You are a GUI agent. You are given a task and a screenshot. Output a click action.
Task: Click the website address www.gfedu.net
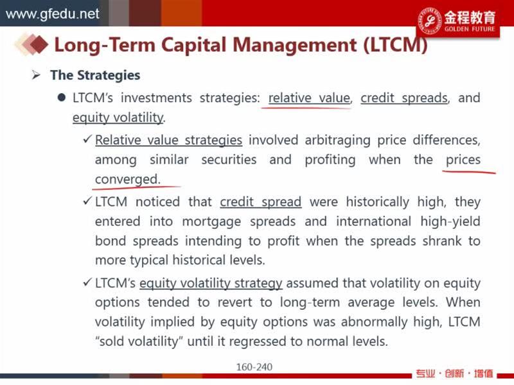(x=53, y=13)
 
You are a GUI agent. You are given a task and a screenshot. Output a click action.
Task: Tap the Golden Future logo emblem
(x=429, y=21)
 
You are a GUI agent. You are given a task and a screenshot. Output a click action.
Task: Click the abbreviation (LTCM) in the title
(x=395, y=45)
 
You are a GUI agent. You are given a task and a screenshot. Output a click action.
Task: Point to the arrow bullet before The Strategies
(x=36, y=75)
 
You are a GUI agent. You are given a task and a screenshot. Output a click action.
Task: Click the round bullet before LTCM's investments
(x=61, y=98)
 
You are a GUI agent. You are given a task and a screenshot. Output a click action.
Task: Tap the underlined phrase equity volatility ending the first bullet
(x=118, y=117)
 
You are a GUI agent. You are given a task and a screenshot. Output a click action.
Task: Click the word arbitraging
(x=338, y=141)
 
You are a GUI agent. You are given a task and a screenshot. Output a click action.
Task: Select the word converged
(x=127, y=180)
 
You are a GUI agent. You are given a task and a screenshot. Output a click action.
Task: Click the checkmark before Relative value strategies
(x=87, y=139)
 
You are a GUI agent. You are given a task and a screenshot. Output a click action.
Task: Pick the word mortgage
(x=211, y=221)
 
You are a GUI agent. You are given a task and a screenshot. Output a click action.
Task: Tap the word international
(x=373, y=221)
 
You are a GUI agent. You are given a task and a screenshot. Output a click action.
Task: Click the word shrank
(x=442, y=241)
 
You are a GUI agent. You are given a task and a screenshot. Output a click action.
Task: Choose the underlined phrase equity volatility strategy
(x=211, y=283)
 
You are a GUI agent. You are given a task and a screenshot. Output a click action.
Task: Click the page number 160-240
(x=254, y=367)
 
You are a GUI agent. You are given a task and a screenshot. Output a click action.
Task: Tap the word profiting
(x=330, y=160)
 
